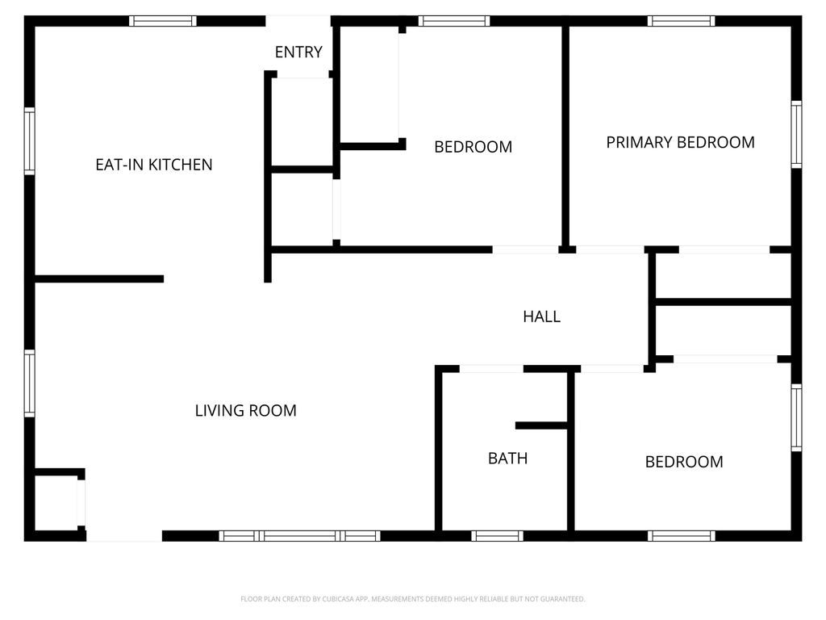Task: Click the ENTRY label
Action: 298,52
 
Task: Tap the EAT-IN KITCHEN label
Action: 154,165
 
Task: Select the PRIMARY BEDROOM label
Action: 680,142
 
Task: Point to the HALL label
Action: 541,316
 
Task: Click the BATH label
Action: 508,459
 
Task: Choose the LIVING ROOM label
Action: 245,410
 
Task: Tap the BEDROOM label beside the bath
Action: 684,462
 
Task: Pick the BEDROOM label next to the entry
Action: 473,147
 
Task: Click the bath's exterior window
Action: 497,536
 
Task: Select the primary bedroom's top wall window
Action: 681,21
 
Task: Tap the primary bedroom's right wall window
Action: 796,135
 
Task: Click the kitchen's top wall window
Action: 163,21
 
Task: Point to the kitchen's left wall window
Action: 30,141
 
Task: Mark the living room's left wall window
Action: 30,383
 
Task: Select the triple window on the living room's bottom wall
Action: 299,536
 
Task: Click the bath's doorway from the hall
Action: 491,368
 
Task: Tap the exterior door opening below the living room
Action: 124,536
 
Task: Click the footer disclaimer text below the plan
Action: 412,599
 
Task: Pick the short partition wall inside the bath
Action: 541,425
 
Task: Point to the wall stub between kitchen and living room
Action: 99,279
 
